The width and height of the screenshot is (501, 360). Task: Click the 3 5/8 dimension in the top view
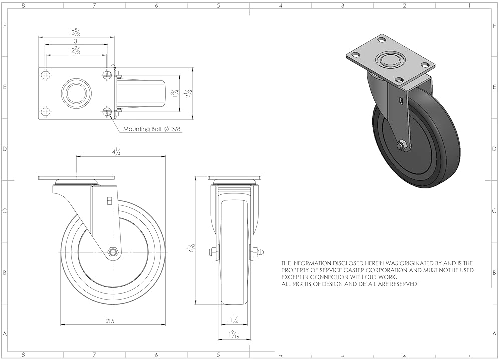(x=76, y=32)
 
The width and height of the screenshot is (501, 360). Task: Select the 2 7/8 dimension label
(x=76, y=50)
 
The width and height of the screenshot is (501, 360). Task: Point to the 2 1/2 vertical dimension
(x=189, y=93)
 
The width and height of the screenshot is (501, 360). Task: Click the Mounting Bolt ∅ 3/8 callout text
(x=153, y=129)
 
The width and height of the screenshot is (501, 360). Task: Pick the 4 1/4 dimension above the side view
(x=116, y=152)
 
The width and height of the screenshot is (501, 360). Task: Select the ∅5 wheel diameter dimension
(x=110, y=321)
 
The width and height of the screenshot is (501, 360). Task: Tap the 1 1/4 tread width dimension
(x=234, y=320)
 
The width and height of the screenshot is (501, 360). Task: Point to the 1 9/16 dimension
(x=234, y=334)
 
